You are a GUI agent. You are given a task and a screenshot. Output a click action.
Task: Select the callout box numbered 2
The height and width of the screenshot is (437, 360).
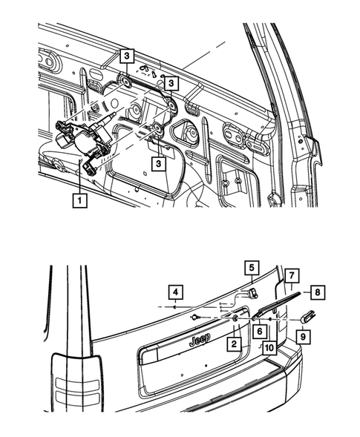234,344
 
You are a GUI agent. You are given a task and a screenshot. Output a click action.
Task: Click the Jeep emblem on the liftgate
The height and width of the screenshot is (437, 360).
198,339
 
